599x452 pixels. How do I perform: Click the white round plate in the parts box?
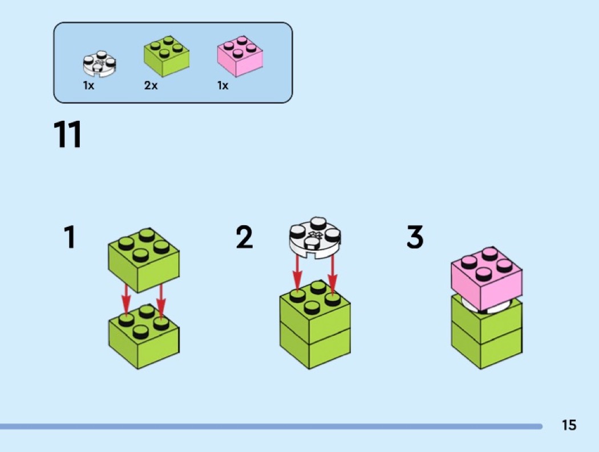click(99, 65)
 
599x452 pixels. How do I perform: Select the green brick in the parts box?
click(166, 57)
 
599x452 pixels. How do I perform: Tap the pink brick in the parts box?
click(240, 57)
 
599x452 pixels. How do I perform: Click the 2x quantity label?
click(151, 86)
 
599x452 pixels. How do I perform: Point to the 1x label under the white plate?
click(88, 86)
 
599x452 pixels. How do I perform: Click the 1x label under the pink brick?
click(222, 86)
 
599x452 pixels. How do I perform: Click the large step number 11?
click(68, 135)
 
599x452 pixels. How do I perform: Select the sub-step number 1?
click(70, 238)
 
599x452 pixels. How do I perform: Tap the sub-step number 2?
click(244, 238)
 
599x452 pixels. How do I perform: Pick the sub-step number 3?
click(415, 238)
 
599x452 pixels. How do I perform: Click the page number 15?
click(569, 425)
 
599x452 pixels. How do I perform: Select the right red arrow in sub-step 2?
click(332, 274)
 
